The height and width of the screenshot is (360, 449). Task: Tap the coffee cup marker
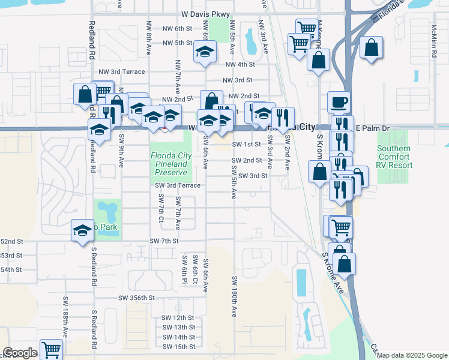339,102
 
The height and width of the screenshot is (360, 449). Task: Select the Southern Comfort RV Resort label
394,157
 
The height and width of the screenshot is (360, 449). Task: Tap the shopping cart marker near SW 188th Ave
52,349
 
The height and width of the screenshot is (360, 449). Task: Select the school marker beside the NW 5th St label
205,53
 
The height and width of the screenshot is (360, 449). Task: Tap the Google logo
20,353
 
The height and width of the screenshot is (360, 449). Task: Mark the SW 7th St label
164,241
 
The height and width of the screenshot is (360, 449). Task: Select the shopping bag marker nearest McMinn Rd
372,47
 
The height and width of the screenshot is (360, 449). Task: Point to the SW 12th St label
178,317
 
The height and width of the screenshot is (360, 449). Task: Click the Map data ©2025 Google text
412,355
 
